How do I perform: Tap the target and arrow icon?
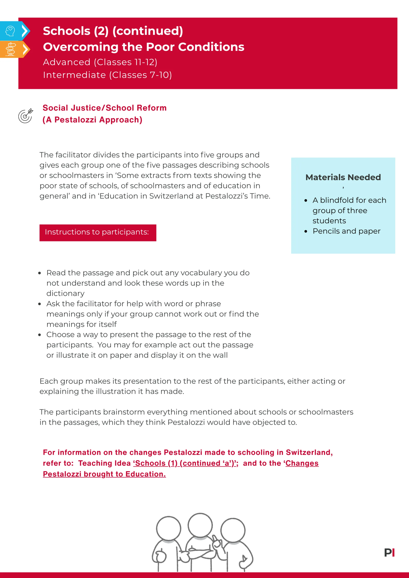pos(25,116)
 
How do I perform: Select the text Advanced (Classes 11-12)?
pos(100,62)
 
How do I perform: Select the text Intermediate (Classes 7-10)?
pos(107,75)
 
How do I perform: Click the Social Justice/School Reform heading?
pos(104,108)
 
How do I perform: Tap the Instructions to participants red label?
pos(98,232)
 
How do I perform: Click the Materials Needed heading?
pos(343,178)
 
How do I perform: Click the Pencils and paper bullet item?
pos(346,231)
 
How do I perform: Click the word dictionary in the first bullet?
pos(65,294)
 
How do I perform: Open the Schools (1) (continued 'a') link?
pos(185,463)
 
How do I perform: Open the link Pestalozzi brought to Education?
pos(104,474)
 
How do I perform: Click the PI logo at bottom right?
pos(389,553)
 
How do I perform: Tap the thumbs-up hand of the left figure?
pos(160,557)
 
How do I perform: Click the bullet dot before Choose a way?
pos(39,335)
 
